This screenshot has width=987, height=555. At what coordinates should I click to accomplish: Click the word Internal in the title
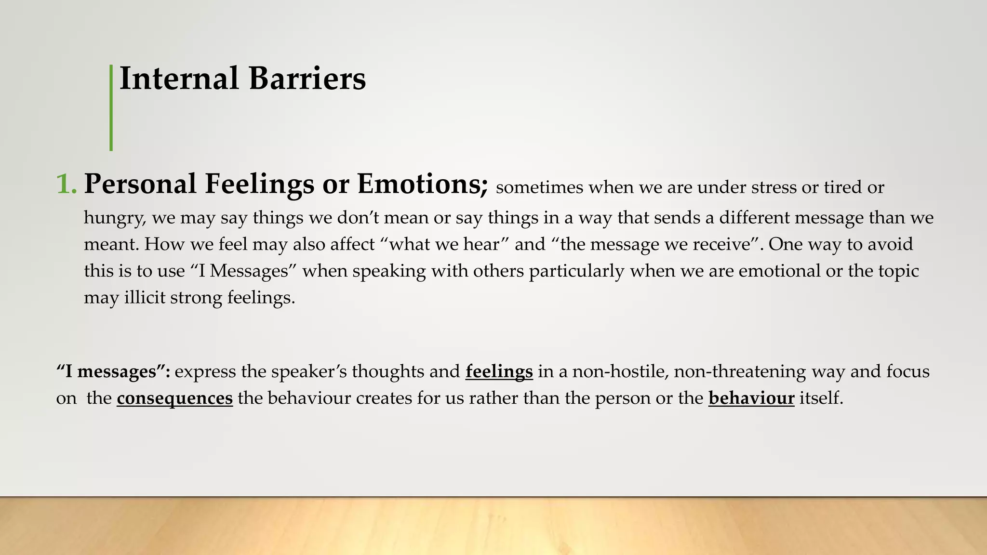179,79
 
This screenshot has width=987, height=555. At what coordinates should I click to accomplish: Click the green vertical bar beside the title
111,107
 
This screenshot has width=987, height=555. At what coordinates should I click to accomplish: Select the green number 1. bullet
67,185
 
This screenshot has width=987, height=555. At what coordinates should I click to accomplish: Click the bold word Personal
140,185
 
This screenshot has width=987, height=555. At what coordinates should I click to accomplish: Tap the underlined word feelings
499,372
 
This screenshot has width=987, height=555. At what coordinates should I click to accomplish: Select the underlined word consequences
174,398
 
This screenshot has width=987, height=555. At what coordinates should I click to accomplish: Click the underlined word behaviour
751,398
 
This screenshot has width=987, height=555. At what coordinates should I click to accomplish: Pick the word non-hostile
617,372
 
